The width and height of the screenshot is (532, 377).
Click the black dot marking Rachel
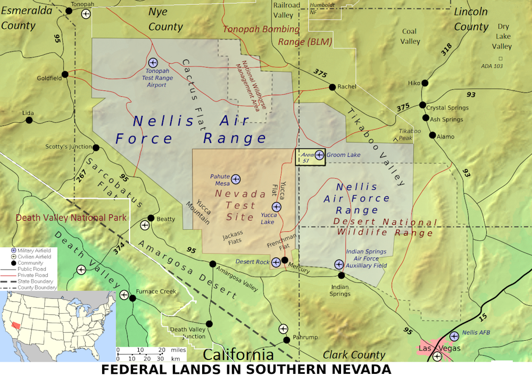pyautogui.click(x=332, y=87)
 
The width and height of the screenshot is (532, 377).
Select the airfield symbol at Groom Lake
pyautogui.click(x=319, y=155)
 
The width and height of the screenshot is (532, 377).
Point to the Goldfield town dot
pyautogui.click(x=64, y=74)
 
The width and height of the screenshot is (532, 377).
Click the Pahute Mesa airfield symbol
pyautogui.click(x=236, y=179)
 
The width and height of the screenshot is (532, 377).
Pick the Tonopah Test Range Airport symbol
pyautogui.click(x=153, y=63)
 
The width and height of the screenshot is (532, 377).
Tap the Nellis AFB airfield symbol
pyautogui.click(x=454, y=336)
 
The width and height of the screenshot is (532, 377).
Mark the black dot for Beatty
pyautogui.click(x=151, y=218)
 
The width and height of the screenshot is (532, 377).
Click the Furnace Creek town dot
pyautogui.click(x=132, y=298)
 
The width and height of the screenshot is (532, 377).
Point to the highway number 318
pyautogui.click(x=446, y=49)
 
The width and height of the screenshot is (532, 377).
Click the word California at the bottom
pyautogui.click(x=238, y=355)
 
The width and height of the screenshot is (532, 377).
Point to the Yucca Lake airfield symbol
pyautogui.click(x=276, y=206)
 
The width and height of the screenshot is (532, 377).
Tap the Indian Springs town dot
pyautogui.click(x=342, y=275)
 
